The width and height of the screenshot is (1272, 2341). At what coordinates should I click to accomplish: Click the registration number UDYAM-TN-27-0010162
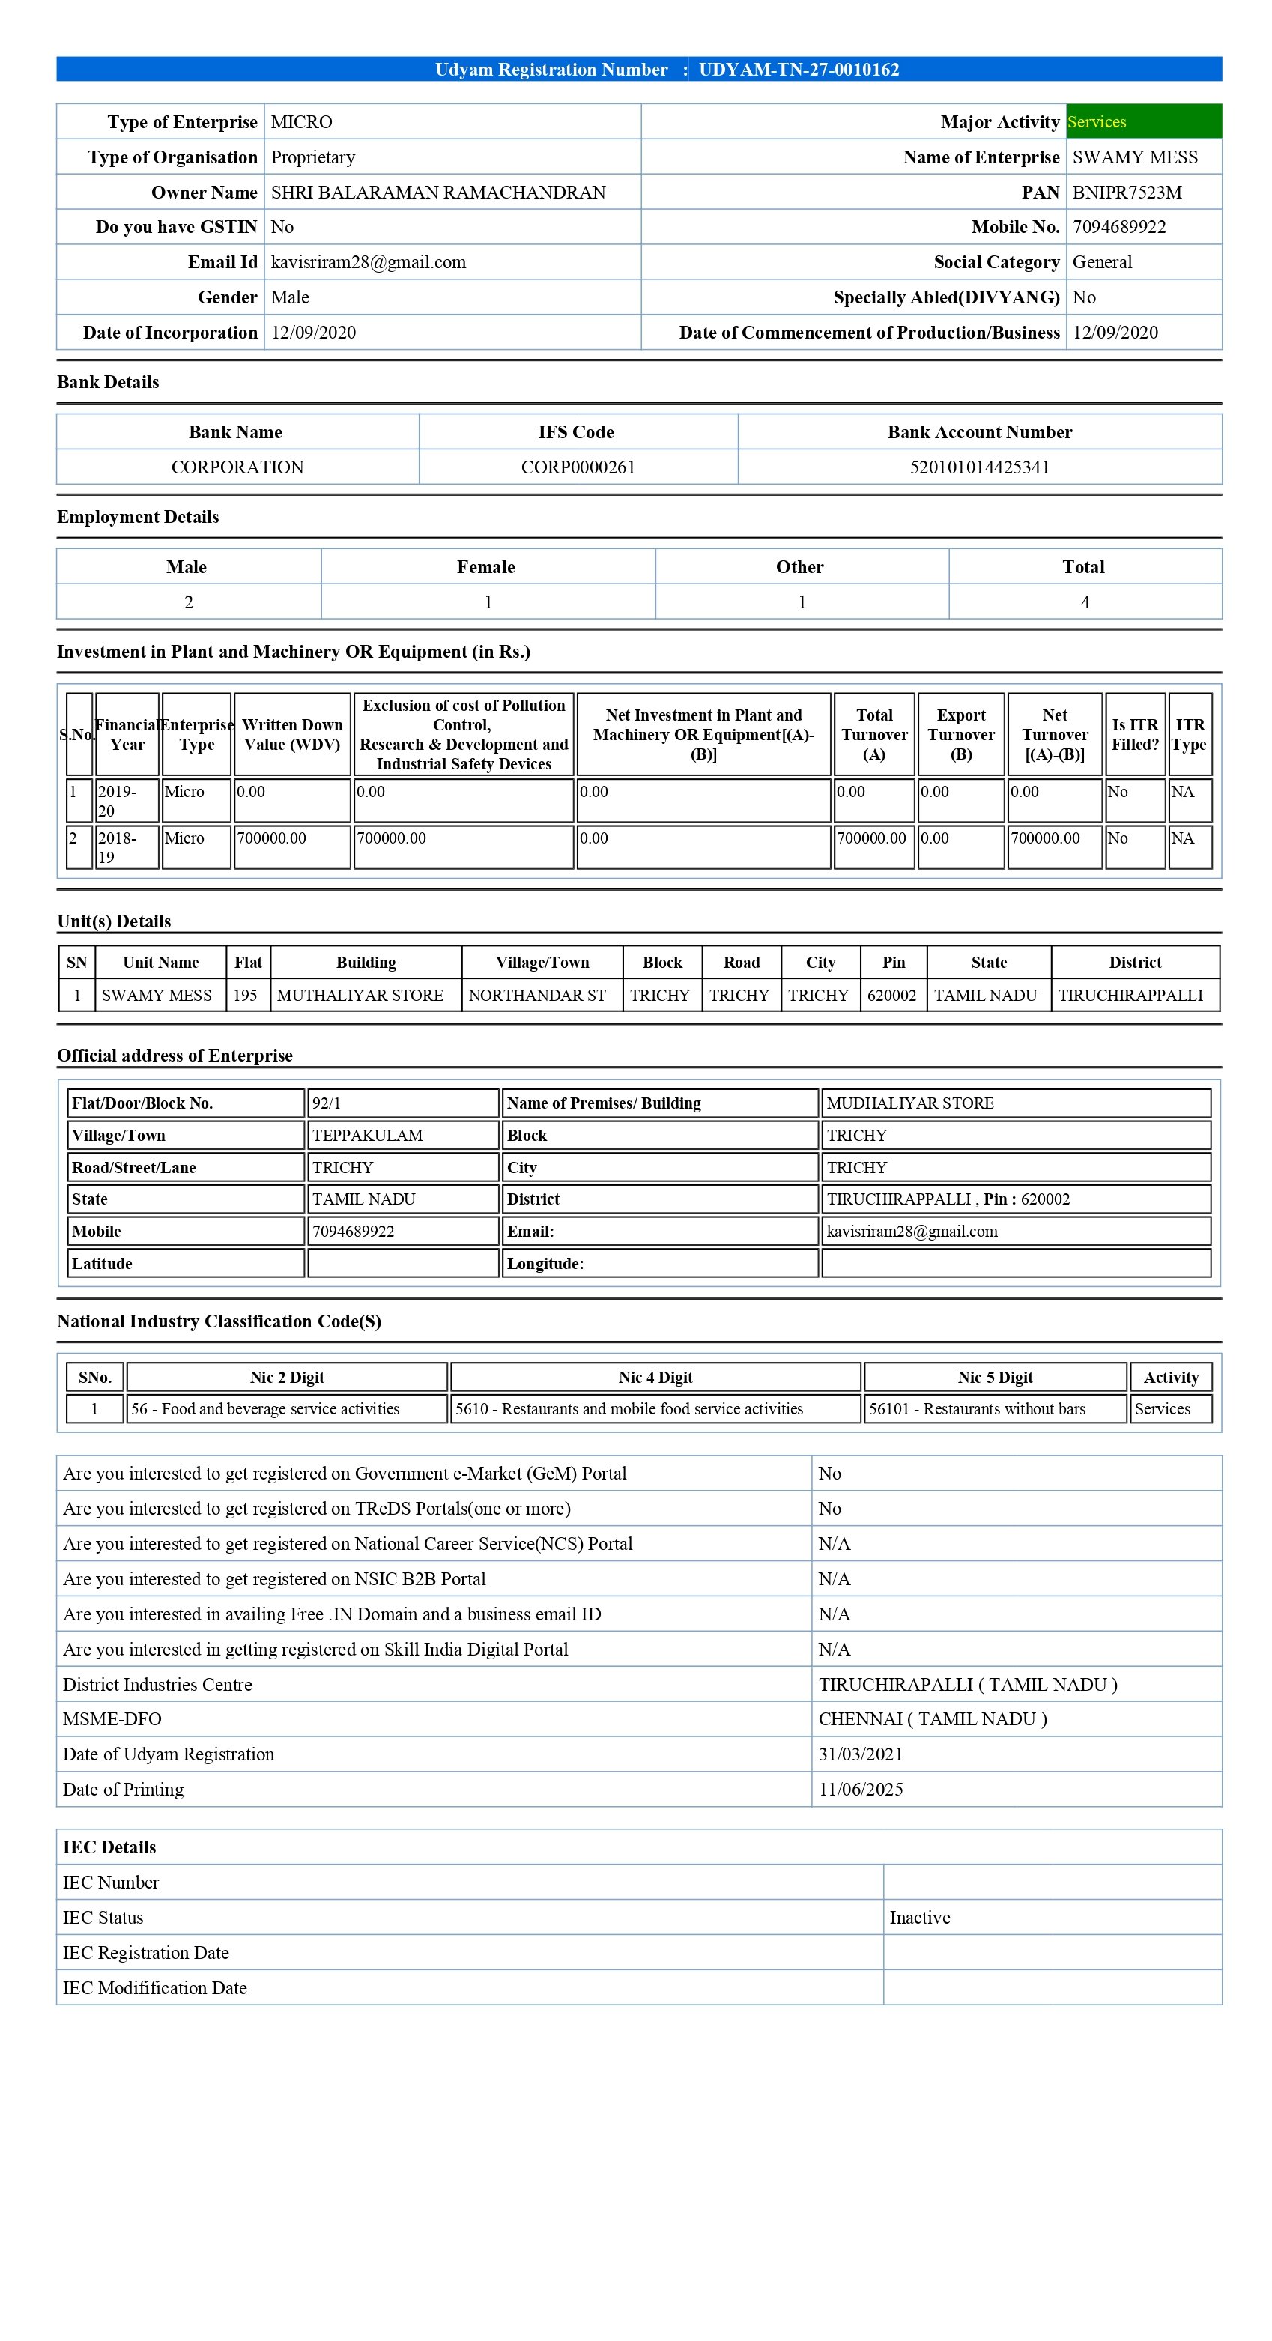click(799, 70)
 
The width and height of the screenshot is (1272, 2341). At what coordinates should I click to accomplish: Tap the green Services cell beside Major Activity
click(1143, 122)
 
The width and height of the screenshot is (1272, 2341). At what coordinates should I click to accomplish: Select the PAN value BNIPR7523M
click(1127, 192)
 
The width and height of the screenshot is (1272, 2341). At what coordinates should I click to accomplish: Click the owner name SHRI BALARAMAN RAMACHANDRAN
click(438, 192)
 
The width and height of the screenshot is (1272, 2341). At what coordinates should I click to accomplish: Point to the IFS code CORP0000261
click(578, 467)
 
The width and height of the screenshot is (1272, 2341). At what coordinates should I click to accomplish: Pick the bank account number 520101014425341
click(979, 467)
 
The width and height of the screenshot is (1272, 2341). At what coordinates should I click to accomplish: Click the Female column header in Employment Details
click(486, 567)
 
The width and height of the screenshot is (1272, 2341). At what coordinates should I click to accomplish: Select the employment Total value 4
click(1085, 602)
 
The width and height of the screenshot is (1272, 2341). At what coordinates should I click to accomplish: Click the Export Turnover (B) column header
click(961, 734)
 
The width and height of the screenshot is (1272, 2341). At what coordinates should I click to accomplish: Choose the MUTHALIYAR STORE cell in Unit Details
click(360, 995)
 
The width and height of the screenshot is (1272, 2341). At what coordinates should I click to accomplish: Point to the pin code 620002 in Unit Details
click(891, 995)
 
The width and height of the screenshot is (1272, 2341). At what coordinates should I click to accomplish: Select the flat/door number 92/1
click(327, 1103)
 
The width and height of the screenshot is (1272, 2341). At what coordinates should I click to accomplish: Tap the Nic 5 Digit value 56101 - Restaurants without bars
click(977, 1408)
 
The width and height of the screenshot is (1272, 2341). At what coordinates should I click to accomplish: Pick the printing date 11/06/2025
click(861, 1790)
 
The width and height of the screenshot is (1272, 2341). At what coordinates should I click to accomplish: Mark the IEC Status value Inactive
click(919, 1918)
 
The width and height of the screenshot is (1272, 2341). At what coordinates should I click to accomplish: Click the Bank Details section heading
click(108, 382)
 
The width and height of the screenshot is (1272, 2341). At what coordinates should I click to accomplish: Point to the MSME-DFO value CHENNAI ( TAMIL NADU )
click(932, 1718)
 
